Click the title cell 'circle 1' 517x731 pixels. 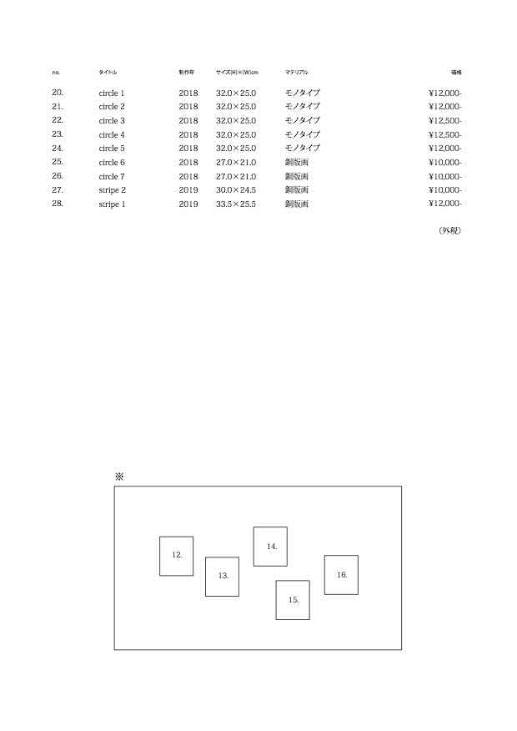(112, 93)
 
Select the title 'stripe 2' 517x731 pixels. (113, 190)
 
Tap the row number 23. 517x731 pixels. (58, 134)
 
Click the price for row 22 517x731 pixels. (445, 121)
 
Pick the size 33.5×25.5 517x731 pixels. (236, 204)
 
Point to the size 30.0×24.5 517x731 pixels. (236, 190)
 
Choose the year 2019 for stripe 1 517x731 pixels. (188, 204)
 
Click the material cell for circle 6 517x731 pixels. (297, 162)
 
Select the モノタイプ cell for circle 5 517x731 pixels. (303, 149)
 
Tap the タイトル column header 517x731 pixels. (108, 73)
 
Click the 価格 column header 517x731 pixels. (456, 73)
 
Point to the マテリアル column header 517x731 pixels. (297, 73)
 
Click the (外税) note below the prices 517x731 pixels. (450, 230)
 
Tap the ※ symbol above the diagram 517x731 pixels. (119, 476)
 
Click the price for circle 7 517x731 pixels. (445, 176)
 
